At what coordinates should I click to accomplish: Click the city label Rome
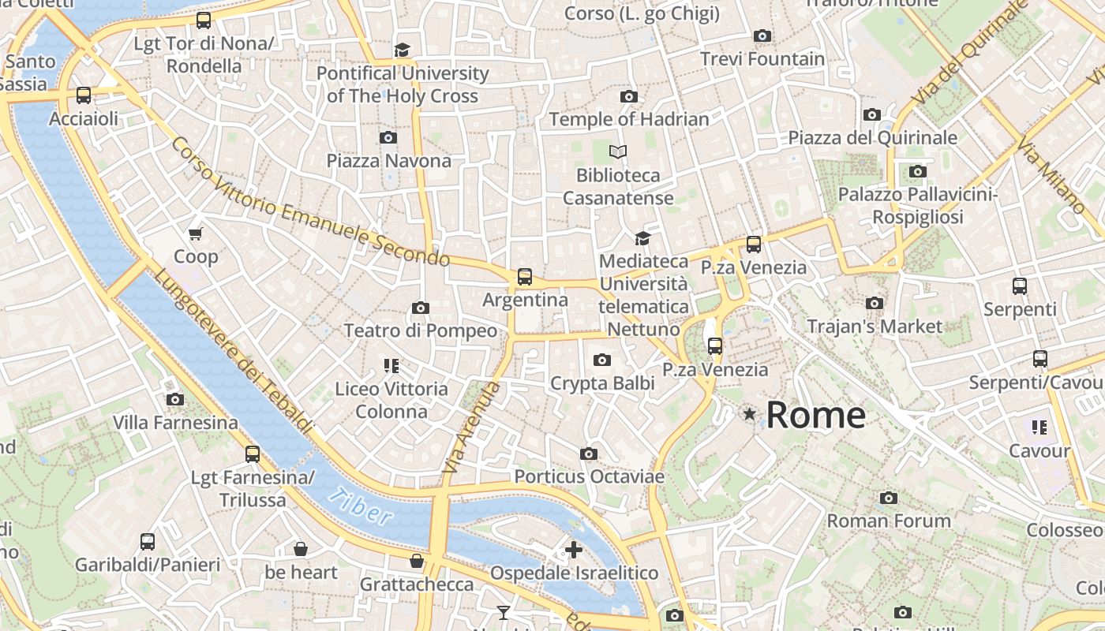click(815, 415)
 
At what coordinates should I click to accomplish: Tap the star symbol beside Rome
click(749, 413)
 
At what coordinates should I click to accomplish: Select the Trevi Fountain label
click(762, 59)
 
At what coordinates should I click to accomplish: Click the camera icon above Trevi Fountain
click(762, 35)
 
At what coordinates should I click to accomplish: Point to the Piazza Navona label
click(389, 161)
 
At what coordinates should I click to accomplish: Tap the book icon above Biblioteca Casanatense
click(618, 151)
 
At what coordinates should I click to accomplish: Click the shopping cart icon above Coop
click(196, 233)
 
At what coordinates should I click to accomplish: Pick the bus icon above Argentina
click(525, 277)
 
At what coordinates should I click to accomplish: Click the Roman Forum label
click(889, 521)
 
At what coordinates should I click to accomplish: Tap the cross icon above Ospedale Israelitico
click(574, 550)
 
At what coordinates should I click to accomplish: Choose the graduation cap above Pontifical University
click(403, 50)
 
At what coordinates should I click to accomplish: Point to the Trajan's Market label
click(875, 326)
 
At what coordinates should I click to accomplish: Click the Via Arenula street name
click(471, 428)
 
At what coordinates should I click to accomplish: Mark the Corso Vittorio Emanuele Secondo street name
click(309, 203)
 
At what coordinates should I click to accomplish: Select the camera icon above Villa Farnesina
click(175, 400)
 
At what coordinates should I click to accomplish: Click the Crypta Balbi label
click(602, 383)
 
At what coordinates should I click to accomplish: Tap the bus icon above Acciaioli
click(84, 95)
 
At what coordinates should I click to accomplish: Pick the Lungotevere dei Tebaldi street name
click(234, 351)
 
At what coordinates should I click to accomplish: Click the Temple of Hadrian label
click(629, 119)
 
